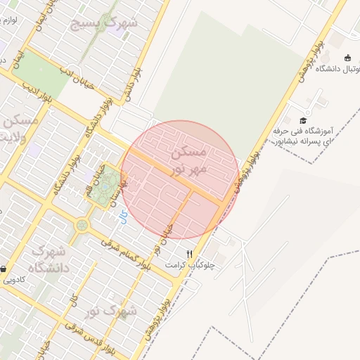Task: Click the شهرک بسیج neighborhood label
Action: (x=105, y=23)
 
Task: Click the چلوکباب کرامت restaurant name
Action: (x=184, y=265)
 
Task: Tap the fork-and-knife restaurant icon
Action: (x=188, y=254)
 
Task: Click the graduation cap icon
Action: (x=303, y=120)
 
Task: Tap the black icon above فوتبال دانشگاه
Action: (x=347, y=57)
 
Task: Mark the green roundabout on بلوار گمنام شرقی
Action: (x=84, y=226)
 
